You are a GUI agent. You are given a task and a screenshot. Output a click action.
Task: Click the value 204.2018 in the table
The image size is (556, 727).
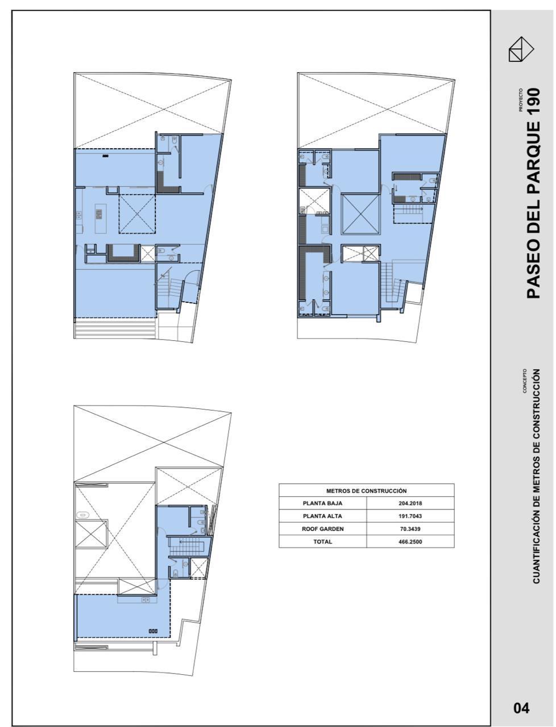[410, 503]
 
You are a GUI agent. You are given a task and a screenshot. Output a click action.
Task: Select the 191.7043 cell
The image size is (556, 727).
[410, 516]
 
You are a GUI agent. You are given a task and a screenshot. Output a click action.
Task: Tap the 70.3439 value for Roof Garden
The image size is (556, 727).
[410, 529]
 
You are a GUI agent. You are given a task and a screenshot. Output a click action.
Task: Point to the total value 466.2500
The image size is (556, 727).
[410, 542]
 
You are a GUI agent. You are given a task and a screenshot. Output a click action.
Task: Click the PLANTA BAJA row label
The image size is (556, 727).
[322, 503]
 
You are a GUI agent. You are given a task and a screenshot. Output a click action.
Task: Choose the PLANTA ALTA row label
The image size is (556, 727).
[322, 516]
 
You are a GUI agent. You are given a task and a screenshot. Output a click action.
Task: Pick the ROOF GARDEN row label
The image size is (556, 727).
[322, 529]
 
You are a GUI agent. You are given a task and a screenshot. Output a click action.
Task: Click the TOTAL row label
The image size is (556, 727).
[322, 542]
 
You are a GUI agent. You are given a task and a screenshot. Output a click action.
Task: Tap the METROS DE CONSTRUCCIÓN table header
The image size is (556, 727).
[366, 491]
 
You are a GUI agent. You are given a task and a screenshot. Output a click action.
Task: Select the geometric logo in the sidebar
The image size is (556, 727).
[521, 49]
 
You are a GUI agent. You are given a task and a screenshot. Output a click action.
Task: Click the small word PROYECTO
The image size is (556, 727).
[521, 100]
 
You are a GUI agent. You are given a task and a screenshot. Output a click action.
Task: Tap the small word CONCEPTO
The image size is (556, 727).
[525, 381]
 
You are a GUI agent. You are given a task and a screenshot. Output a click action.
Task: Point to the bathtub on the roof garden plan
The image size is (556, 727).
[82, 515]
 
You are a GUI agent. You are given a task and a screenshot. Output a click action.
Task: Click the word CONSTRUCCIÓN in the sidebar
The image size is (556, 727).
[536, 403]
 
